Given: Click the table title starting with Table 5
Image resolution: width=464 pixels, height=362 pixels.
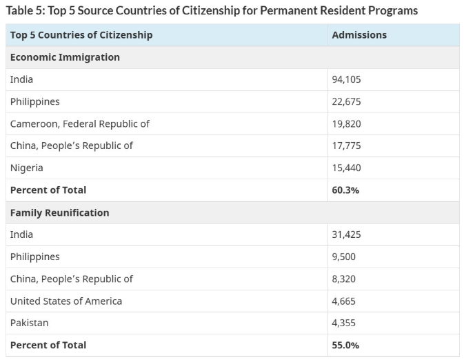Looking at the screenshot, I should point(212,10).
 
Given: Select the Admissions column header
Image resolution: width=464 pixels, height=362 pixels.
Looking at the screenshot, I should point(359,34).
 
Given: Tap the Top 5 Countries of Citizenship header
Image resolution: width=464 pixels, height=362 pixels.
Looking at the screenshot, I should point(81,34).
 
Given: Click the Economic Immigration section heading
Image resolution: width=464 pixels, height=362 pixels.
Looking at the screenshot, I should point(65,57).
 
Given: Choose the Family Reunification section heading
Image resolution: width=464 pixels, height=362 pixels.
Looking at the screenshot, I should point(59,212).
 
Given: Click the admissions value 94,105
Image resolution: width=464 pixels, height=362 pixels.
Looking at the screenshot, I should point(346,79).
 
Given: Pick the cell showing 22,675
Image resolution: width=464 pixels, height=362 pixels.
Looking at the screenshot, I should point(346,101).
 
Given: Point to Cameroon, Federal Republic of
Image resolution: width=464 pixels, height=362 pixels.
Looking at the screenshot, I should point(79,123).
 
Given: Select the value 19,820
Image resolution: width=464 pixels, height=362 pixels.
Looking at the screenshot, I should point(346,123).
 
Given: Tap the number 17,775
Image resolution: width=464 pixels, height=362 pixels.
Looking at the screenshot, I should point(346,145).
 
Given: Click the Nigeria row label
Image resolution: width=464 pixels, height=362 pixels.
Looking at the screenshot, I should point(26,168).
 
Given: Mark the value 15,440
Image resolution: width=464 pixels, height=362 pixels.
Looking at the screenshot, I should point(346,168).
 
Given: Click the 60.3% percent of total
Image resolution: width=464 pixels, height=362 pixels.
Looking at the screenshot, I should point(345,190).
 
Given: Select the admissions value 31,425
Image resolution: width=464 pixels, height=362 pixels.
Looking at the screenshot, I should point(346,234).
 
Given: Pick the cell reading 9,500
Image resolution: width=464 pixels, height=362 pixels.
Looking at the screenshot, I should point(343,257).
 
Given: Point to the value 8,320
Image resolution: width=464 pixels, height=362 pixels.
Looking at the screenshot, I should point(343,279).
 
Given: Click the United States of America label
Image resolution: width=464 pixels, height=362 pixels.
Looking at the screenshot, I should point(65,301).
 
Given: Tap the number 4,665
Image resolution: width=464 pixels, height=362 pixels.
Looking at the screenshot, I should point(343,301).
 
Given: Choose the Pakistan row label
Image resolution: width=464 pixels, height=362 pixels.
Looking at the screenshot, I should point(29,323).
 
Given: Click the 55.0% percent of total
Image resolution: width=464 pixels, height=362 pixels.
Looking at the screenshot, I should point(345,345).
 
